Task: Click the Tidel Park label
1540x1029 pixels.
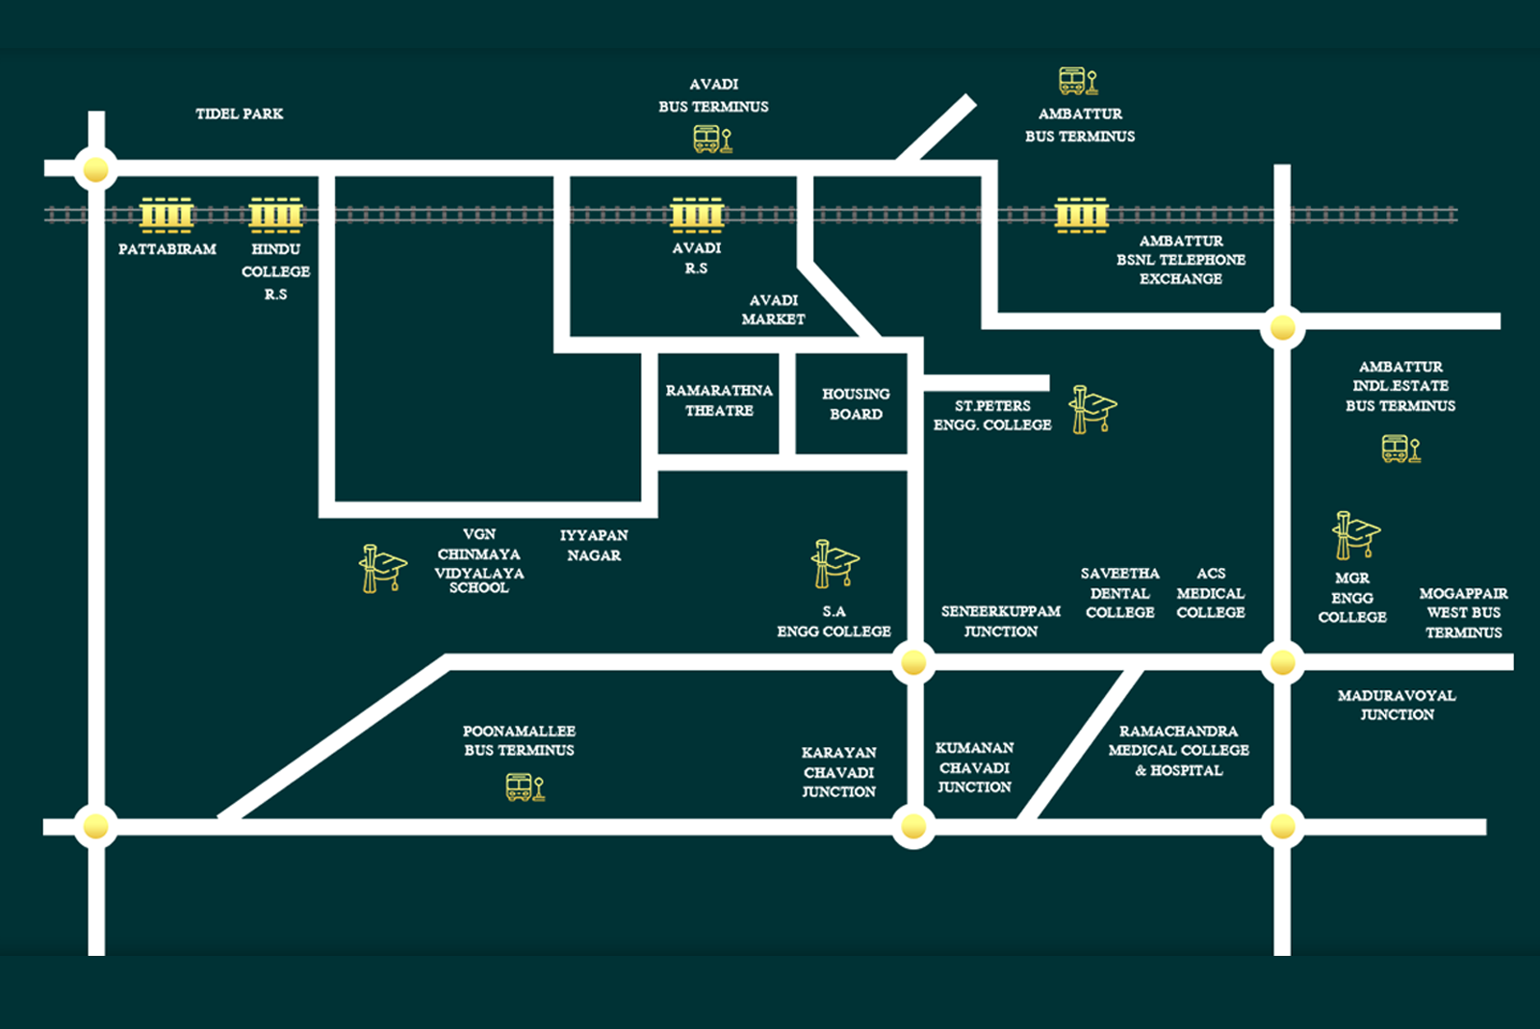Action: click(x=239, y=114)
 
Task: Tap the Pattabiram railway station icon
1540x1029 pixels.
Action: click(x=167, y=215)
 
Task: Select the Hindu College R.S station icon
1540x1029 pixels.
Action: click(x=276, y=215)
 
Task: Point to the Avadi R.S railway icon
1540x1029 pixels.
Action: click(x=697, y=215)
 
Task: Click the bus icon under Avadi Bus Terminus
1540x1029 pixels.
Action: click(x=712, y=141)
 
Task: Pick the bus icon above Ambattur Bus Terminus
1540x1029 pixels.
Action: click(x=1078, y=81)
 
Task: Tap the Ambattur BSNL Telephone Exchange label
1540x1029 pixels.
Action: click(x=1181, y=260)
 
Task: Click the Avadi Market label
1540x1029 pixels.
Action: click(x=773, y=310)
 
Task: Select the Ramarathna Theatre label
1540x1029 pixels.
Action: click(x=719, y=400)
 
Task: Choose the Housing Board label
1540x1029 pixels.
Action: click(x=856, y=404)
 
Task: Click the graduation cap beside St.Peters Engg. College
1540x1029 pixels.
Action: click(x=1092, y=410)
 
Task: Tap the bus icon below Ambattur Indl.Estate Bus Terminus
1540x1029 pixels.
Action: click(x=1400, y=449)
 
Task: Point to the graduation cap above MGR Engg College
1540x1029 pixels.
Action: click(x=1355, y=535)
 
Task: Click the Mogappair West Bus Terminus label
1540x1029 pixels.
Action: click(x=1463, y=613)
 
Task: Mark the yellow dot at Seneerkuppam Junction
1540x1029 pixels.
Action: click(x=912, y=662)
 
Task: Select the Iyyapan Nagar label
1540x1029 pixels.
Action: click(x=594, y=545)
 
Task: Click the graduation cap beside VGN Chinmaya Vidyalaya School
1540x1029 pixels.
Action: click(x=382, y=568)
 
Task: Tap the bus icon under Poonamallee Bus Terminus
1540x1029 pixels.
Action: click(x=525, y=787)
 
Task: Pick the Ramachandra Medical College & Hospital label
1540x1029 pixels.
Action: click(x=1178, y=751)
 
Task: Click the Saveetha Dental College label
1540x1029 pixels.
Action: click(x=1119, y=593)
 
